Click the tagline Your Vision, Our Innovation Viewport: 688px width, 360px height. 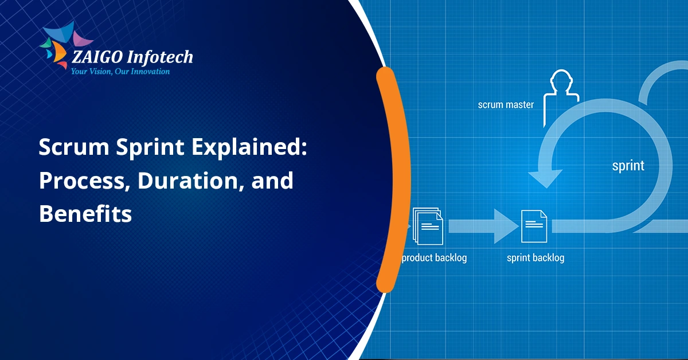tap(120, 72)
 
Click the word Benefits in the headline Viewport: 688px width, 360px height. tap(85, 214)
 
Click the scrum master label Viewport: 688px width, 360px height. tap(506, 105)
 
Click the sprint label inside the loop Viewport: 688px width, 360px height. tap(628, 166)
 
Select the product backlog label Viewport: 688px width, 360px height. tap(434, 258)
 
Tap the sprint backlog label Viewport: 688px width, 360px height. tap(535, 258)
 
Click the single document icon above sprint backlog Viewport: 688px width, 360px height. tap(534, 226)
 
